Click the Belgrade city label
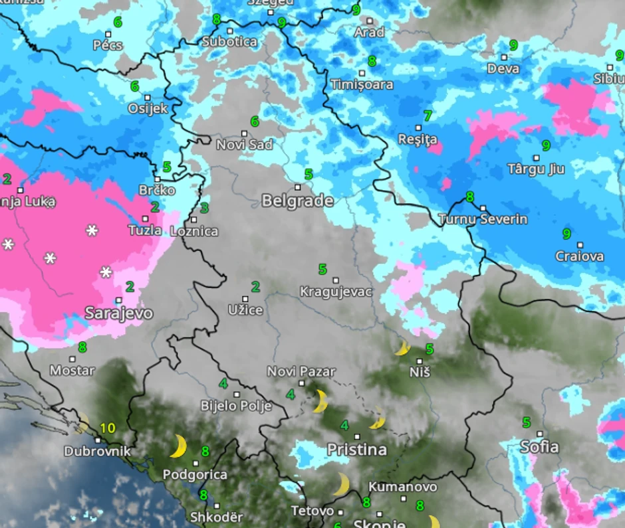[x=297, y=201]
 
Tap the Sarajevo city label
[x=118, y=313]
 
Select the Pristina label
[x=356, y=450]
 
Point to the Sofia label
[x=539, y=446]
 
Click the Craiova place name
[x=580, y=256]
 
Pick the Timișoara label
[x=362, y=85]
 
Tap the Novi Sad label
[x=244, y=144]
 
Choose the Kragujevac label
[x=336, y=292]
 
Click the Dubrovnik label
[x=97, y=452]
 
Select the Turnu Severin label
[x=483, y=219]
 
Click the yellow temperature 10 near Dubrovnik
[x=108, y=428]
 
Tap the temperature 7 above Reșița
[x=428, y=116]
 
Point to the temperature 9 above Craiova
[x=566, y=233]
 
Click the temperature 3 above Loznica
[x=204, y=208]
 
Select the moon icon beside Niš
[x=402, y=348]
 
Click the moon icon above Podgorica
[x=178, y=446]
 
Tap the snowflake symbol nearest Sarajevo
[x=106, y=272]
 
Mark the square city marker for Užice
[x=245, y=299]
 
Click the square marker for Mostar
[x=72, y=359]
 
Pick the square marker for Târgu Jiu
[x=536, y=158]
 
